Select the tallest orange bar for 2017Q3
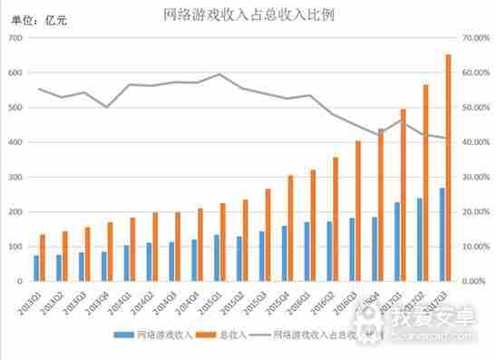pyautogui.click(x=448, y=168)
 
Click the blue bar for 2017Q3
pyautogui.click(x=442, y=235)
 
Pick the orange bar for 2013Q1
pyautogui.click(x=43, y=258)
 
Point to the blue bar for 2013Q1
pyautogui.click(x=36, y=268)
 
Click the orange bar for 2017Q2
pyautogui.click(x=425, y=182)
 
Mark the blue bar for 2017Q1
pyautogui.click(x=395, y=242)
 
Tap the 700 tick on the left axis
pyautogui.click(x=16, y=38)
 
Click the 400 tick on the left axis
pyautogui.click(x=16, y=142)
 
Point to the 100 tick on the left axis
pyautogui.click(x=16, y=247)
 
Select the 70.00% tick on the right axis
pyautogui.click(x=475, y=38)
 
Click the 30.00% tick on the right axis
pyautogui.click(x=475, y=178)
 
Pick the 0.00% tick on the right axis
pyautogui.click(x=473, y=282)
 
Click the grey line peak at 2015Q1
pyautogui.click(x=219, y=74)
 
